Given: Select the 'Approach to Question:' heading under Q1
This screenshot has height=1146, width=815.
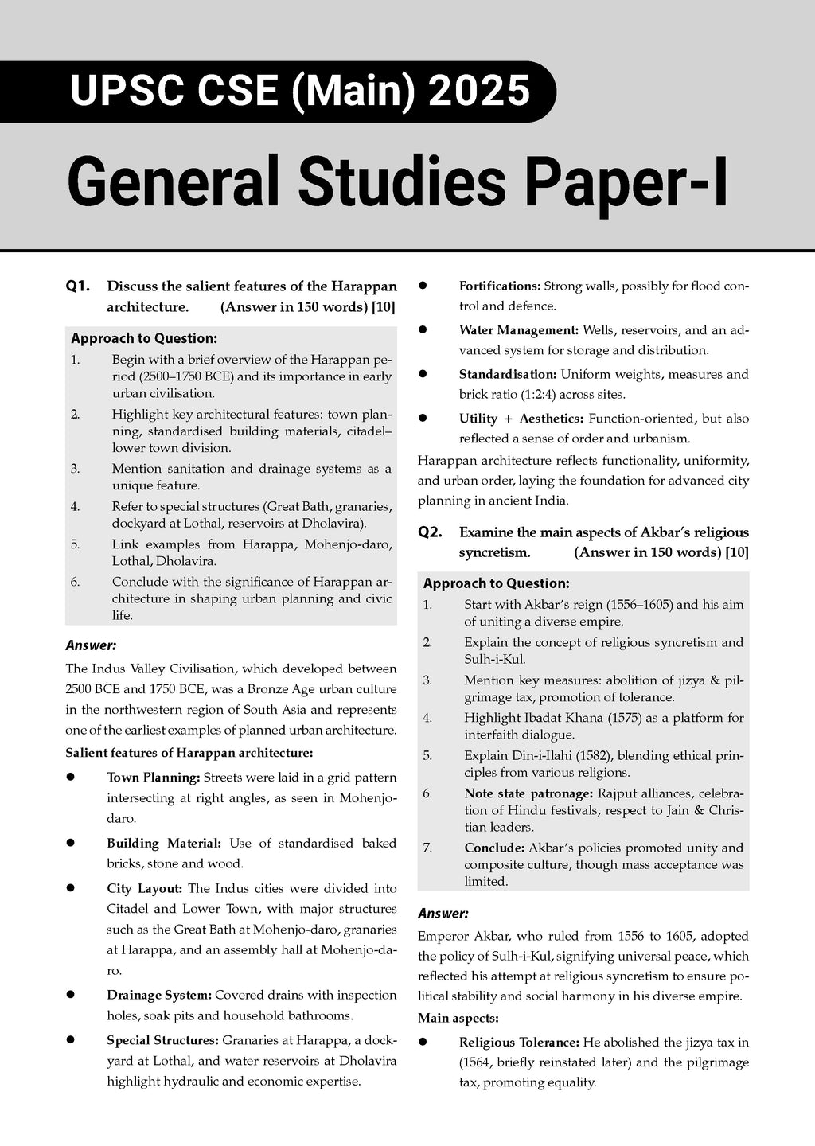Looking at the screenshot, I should coord(143,338).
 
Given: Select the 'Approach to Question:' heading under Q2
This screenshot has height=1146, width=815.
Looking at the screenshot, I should coord(496,583).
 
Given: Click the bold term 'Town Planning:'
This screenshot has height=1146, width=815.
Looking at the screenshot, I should coord(153,777).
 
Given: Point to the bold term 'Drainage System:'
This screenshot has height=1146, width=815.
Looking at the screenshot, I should coord(158,995).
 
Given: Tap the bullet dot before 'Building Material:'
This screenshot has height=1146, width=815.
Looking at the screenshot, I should coord(71,843).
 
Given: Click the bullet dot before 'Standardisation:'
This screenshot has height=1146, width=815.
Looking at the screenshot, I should coord(423,374).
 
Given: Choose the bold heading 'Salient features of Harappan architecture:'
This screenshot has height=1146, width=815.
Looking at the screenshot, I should coord(189,752).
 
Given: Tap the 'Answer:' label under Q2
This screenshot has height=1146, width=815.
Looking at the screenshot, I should coord(443,914).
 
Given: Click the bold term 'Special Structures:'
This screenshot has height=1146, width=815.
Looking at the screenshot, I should coord(162,1039).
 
